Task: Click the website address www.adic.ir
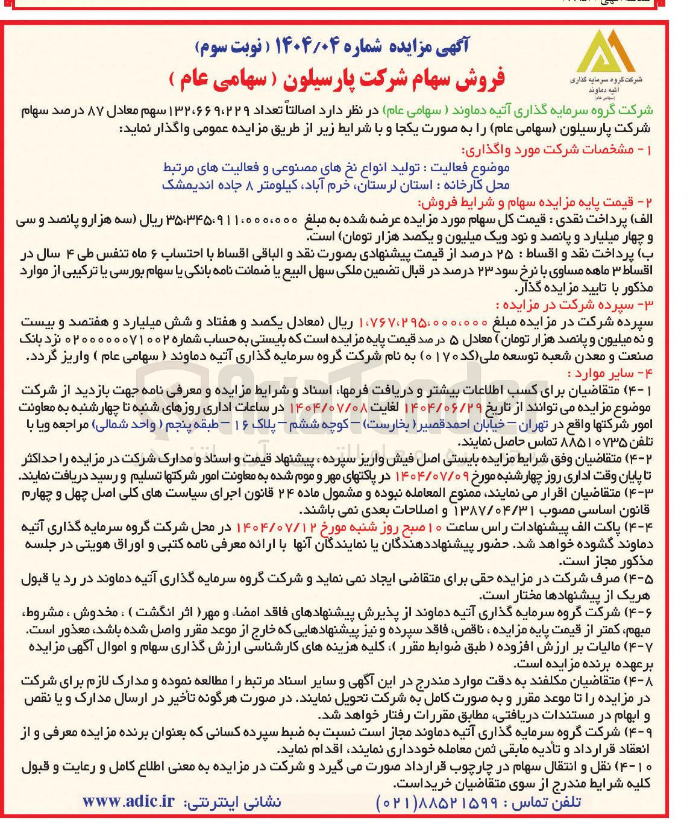coord(128,801)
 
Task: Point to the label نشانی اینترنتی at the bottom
coord(233,802)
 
